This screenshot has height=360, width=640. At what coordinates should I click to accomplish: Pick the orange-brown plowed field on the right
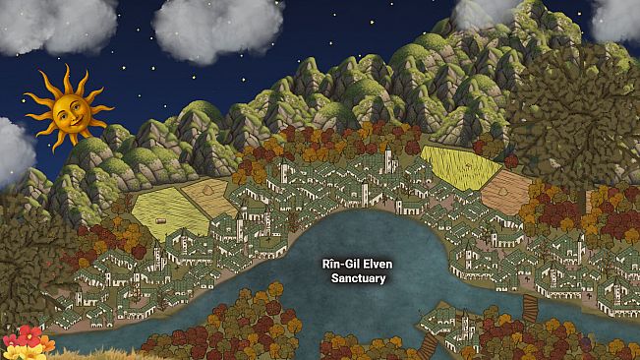click(506, 193)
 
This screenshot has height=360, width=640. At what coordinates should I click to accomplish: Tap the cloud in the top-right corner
click(617, 18)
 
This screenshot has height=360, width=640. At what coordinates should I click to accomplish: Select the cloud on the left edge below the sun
click(14, 150)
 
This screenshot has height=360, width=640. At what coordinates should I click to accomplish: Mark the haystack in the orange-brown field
click(502, 182)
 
